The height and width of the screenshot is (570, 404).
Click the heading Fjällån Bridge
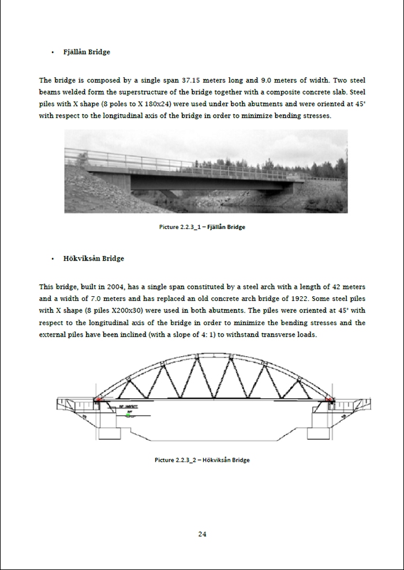click(87, 52)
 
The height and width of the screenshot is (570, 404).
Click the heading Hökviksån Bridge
click(93, 258)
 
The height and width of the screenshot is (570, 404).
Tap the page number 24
click(202, 534)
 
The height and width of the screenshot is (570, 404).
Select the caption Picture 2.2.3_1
click(202, 227)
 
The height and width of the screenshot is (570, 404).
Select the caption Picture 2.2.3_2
click(202, 460)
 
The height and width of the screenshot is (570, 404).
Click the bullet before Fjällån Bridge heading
click(53, 52)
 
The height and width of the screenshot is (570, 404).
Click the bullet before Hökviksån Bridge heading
click(53, 259)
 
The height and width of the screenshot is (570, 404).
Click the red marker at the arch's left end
click(99, 399)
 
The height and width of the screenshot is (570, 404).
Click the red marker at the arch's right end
click(330, 398)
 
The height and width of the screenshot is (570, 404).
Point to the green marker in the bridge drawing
click(128, 415)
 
